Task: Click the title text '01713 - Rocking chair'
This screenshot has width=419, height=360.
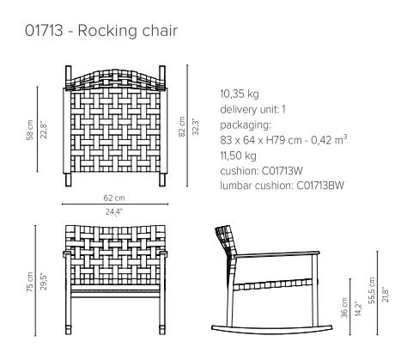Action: click(101, 31)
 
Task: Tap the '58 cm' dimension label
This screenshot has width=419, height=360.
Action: click(30, 130)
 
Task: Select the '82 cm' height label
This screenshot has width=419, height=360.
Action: click(182, 126)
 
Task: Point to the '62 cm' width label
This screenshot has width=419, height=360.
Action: click(114, 198)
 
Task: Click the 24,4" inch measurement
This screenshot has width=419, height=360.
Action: click(114, 212)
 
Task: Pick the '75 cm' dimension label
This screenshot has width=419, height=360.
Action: click(30, 282)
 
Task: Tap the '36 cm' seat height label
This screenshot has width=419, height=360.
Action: click(344, 308)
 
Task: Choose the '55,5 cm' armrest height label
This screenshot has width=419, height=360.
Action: click(372, 290)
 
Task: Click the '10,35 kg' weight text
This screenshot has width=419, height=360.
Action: click(240, 94)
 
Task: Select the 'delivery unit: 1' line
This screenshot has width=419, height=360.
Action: click(252, 109)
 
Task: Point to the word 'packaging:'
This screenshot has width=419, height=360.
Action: click(246, 125)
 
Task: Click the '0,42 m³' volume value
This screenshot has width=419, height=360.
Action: click(329, 140)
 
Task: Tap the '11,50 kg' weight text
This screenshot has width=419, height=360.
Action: click(238, 156)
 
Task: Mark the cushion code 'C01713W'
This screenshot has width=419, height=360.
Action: click(282, 171)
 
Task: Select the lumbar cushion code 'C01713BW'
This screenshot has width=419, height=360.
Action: click(320, 186)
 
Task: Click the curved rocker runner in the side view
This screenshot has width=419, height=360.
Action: click(272, 331)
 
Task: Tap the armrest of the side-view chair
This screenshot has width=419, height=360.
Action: click(276, 253)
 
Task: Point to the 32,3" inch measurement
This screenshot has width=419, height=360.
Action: click(196, 126)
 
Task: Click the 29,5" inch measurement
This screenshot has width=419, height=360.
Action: click(43, 282)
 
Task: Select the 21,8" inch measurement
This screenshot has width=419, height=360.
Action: click(385, 294)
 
